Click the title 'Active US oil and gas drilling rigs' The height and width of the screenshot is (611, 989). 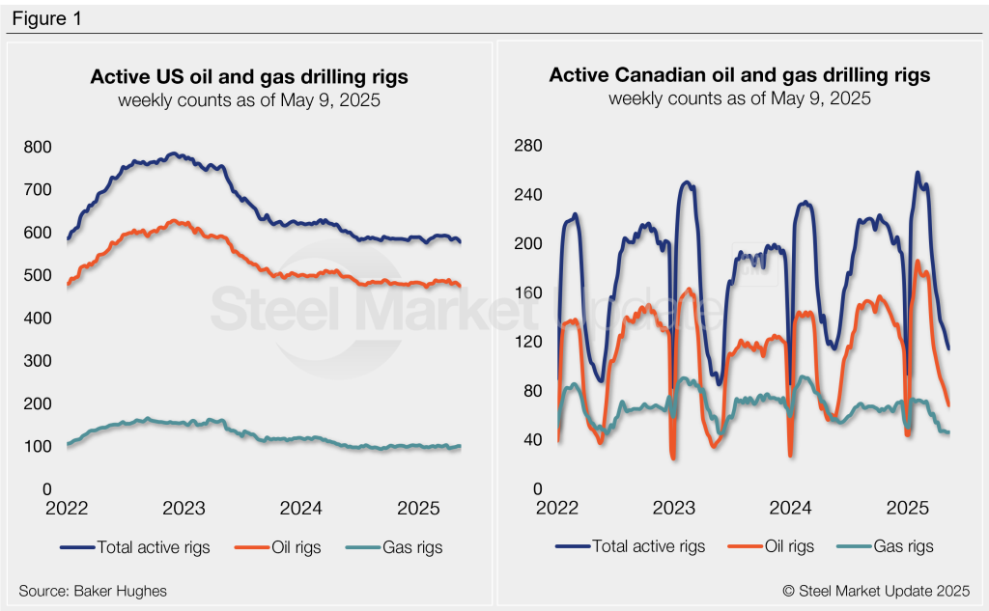click(x=249, y=76)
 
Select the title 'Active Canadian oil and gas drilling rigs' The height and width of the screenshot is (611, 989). click(x=740, y=75)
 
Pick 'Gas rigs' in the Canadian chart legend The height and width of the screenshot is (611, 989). click(x=903, y=546)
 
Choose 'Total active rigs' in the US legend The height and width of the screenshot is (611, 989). click(x=152, y=547)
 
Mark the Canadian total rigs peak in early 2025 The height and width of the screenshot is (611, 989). click(x=917, y=173)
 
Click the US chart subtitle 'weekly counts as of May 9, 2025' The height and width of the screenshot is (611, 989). click(x=249, y=99)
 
